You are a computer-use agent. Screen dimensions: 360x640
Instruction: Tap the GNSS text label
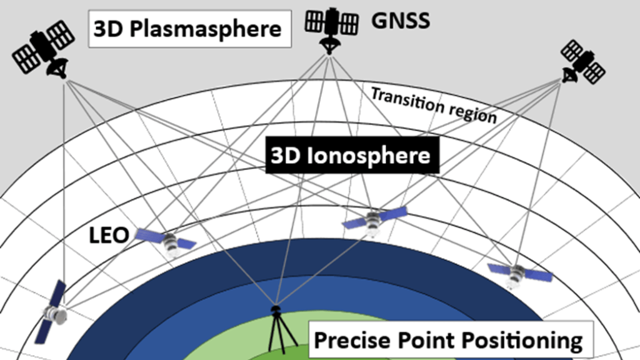pyautogui.click(x=401, y=21)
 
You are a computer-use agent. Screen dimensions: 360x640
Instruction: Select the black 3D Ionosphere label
pyautogui.click(x=350, y=156)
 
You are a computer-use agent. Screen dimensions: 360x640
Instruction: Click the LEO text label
pyautogui.click(x=108, y=236)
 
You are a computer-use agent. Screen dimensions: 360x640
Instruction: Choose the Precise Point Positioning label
pyautogui.click(x=447, y=341)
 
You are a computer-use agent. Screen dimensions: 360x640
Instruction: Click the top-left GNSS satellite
pyautogui.click(x=43, y=49)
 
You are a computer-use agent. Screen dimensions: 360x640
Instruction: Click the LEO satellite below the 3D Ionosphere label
pyautogui.click(x=375, y=219)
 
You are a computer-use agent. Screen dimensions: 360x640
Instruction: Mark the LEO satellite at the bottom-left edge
pyautogui.click(x=51, y=312)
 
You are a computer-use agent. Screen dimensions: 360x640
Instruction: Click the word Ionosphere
pyautogui.click(x=368, y=156)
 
